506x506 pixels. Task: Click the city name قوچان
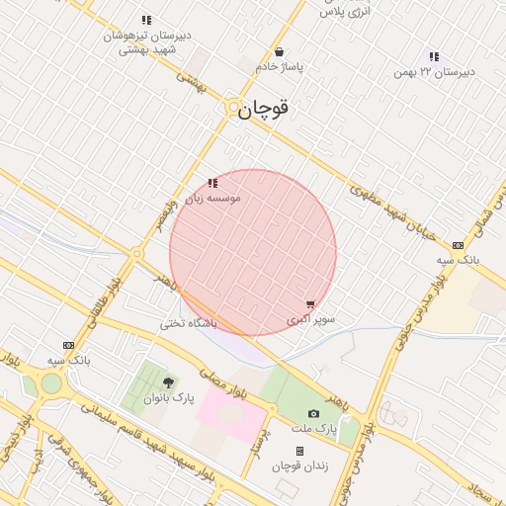263,109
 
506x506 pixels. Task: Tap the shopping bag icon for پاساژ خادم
280,52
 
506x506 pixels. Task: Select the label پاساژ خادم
281,67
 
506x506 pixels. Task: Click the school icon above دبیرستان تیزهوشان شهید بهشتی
146,20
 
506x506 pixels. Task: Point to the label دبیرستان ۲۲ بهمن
434,72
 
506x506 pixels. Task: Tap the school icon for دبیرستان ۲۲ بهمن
434,56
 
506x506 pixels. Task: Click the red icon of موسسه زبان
212,183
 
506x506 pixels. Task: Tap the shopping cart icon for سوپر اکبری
311,305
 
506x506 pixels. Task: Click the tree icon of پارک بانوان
167,382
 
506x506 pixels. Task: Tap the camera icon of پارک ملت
314,414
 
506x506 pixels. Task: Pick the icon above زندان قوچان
299,451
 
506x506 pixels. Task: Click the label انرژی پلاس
345,10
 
